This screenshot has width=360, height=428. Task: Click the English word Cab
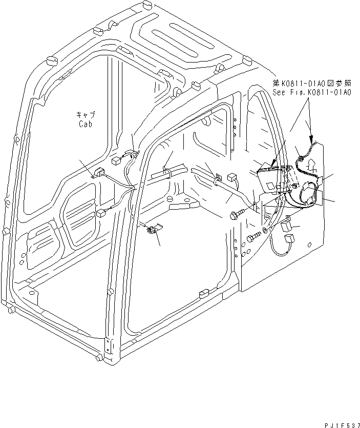(x=86, y=124)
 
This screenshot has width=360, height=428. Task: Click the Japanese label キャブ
(x=86, y=115)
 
